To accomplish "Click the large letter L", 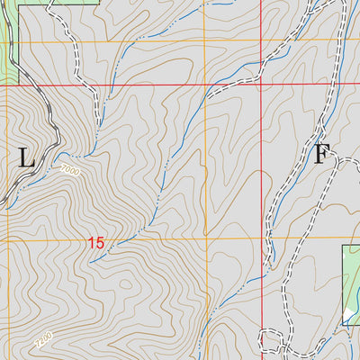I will (26, 158).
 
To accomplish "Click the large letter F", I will (320, 155).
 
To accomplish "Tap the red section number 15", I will (97, 242).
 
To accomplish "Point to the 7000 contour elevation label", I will (69, 170).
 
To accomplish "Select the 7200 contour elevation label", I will (43, 341).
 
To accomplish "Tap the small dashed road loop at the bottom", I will (270, 340).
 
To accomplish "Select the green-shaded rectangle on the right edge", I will (350, 279).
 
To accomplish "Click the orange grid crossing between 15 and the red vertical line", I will (203, 241).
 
